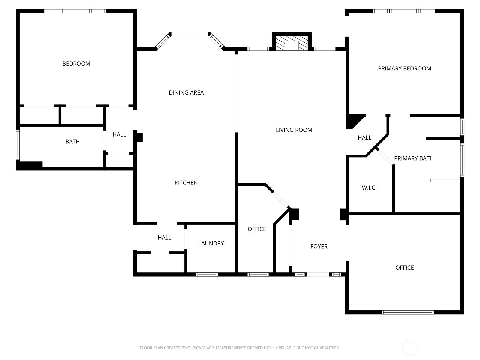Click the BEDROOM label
click(x=76, y=64)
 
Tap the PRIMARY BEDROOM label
click(x=404, y=68)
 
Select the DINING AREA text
click(x=186, y=92)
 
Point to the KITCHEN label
click(x=186, y=182)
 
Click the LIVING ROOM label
click(x=294, y=130)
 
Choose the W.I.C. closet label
click(x=369, y=188)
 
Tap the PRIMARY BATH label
click(x=414, y=158)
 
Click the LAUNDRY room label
click(x=211, y=243)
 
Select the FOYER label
click(x=319, y=246)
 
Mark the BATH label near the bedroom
click(x=73, y=141)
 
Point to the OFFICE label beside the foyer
click(x=257, y=229)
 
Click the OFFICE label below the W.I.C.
click(x=404, y=268)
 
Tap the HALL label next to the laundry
click(x=164, y=238)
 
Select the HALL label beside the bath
click(x=119, y=134)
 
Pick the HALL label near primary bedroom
click(x=364, y=137)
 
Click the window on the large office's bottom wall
click(x=407, y=312)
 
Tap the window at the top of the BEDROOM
click(x=75, y=11)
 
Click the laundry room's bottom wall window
click(x=207, y=274)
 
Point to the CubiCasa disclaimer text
click(x=240, y=348)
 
